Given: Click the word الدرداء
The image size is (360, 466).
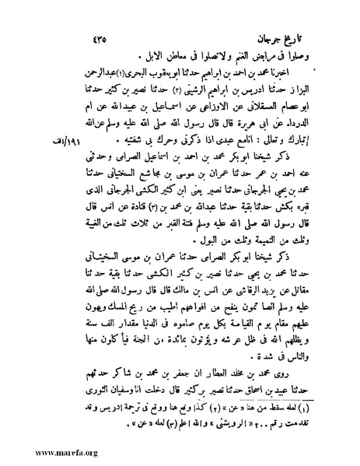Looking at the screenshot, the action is (308, 129).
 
